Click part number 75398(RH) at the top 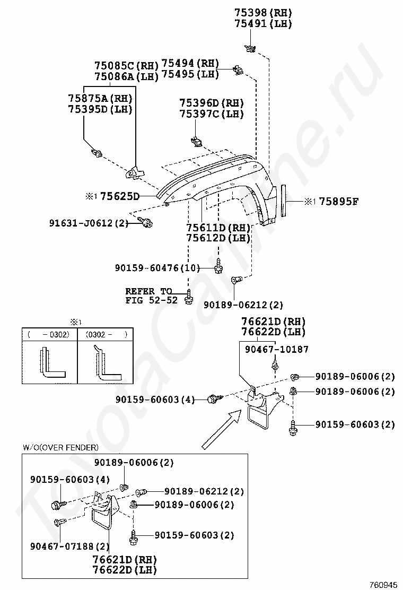[x=263, y=13]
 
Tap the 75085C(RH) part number [x=126, y=66]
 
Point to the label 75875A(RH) [x=100, y=98]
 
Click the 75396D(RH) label [x=211, y=103]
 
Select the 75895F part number [x=339, y=202]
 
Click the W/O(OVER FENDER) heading [x=60, y=447]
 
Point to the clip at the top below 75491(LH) [x=250, y=49]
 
